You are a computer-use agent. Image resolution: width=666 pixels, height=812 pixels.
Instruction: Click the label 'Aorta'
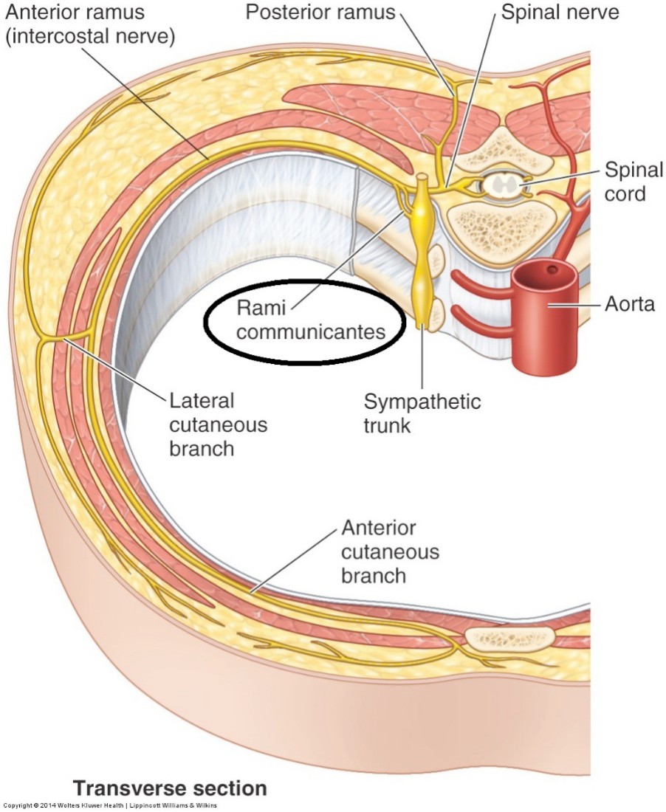point(630,303)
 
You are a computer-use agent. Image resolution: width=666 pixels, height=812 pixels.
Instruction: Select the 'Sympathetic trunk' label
point(422,414)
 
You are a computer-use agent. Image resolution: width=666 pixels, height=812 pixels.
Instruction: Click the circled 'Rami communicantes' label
point(304,320)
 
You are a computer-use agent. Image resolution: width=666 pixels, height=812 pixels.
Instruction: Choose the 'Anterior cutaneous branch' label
point(390,551)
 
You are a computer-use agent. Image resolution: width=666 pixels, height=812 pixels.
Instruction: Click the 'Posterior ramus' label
point(320,13)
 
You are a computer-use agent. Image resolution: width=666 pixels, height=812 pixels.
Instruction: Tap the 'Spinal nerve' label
point(559,13)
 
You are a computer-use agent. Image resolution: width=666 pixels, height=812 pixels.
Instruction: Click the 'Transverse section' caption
point(169,788)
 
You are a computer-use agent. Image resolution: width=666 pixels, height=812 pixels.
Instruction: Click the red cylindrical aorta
point(547,325)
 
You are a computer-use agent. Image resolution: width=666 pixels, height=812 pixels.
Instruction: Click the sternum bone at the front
point(510,636)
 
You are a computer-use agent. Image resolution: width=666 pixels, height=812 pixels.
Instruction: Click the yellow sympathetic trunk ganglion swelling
point(422,213)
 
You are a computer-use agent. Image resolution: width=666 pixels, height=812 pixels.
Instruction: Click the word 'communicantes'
point(312,332)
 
